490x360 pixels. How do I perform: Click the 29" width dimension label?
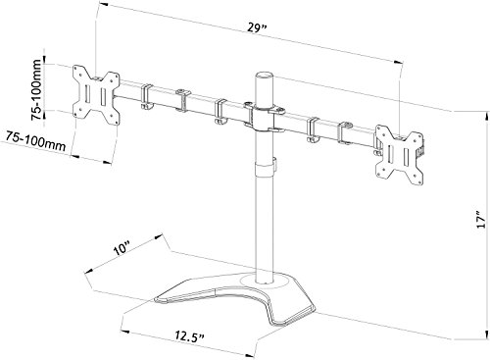[x=257, y=27]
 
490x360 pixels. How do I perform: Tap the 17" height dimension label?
[x=481, y=219]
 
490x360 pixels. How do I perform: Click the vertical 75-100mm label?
[x=37, y=89]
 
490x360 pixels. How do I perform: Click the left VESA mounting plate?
[x=96, y=95]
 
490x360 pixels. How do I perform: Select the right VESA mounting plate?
[x=399, y=153]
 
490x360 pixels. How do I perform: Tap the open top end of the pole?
[x=264, y=75]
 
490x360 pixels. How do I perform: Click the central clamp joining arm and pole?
[x=263, y=116]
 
